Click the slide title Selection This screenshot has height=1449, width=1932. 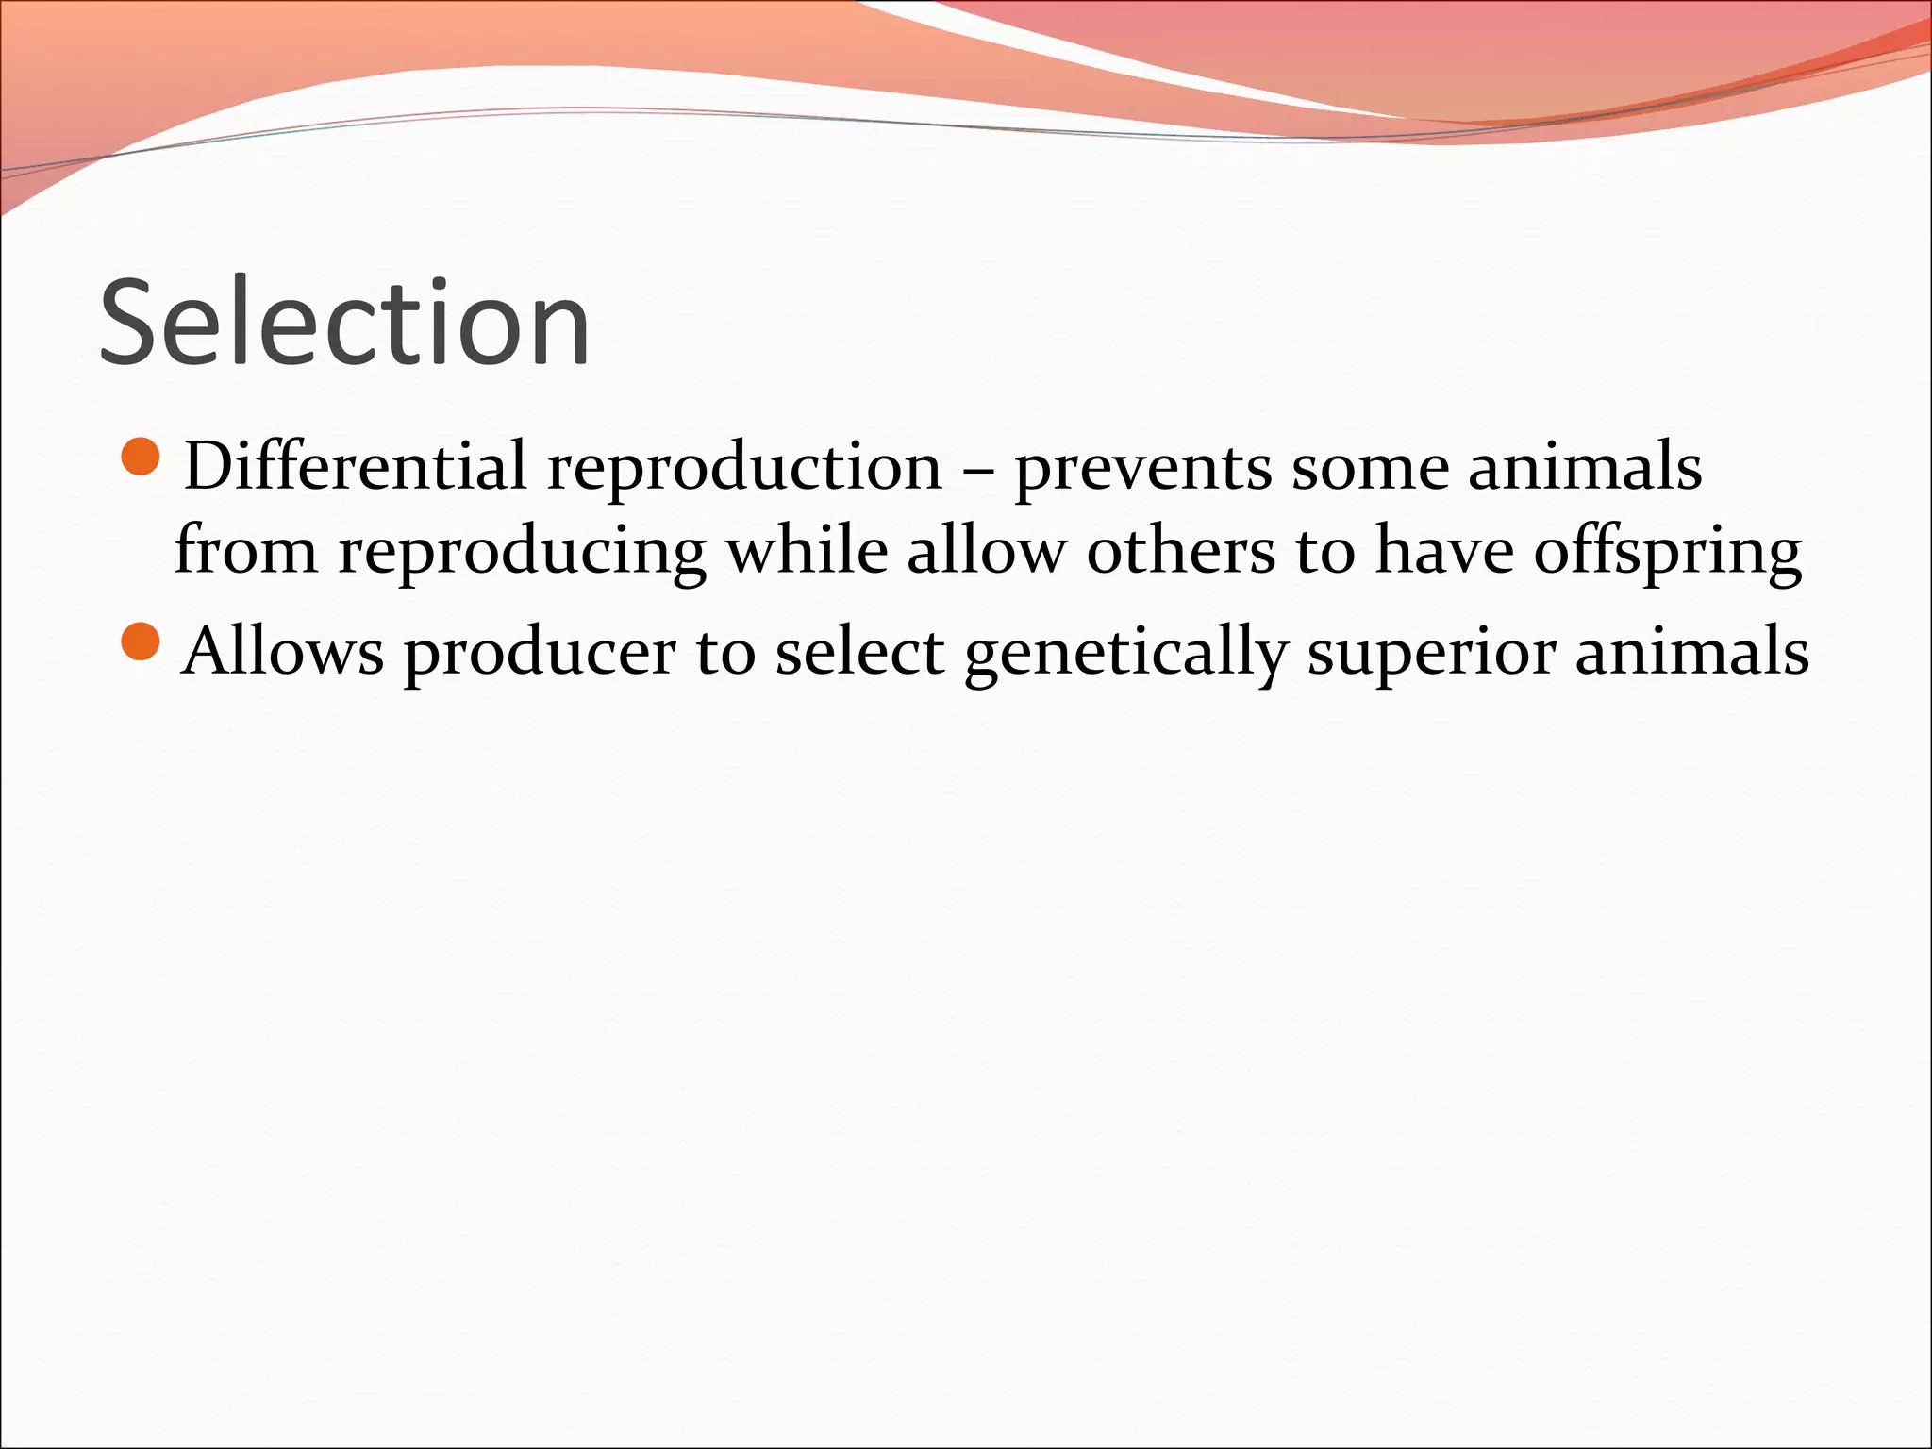(344, 323)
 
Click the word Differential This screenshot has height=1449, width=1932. (355, 466)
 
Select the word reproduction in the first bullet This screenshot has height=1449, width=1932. (744, 468)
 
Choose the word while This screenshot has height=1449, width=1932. (807, 550)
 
